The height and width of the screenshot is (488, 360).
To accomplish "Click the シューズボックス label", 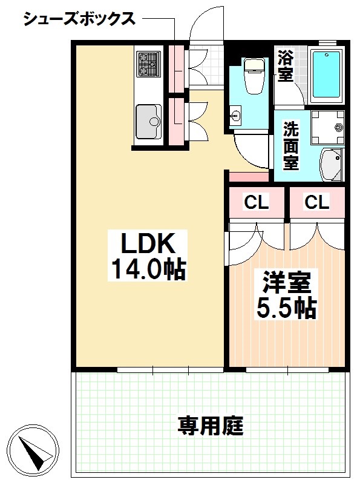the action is (x=80, y=19).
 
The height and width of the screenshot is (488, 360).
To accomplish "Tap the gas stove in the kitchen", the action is (x=148, y=64).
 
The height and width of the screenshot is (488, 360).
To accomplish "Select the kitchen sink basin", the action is (x=149, y=121).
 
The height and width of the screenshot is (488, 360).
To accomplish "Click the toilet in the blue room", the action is (x=254, y=75).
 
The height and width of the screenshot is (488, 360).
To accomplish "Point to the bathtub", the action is (x=326, y=74).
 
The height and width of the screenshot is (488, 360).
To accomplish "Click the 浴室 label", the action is (x=286, y=65).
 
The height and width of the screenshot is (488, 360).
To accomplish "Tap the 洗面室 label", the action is (x=290, y=146).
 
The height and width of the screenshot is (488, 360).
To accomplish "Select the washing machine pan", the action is (x=328, y=128).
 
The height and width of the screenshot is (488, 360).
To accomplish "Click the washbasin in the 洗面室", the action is (x=332, y=164).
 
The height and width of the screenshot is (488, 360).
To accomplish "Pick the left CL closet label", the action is (x=257, y=203).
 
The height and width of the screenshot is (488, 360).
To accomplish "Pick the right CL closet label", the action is (x=317, y=203).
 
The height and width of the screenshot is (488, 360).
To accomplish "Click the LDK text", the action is (x=148, y=243).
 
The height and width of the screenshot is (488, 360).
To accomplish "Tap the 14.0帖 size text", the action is (x=148, y=269).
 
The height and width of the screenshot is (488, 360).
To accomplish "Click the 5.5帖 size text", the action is (x=286, y=308).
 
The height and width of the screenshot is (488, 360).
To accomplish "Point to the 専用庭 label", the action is (x=211, y=426).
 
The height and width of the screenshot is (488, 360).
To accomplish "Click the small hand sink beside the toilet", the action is (x=235, y=116).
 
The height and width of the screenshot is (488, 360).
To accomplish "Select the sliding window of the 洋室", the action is (x=287, y=370).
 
